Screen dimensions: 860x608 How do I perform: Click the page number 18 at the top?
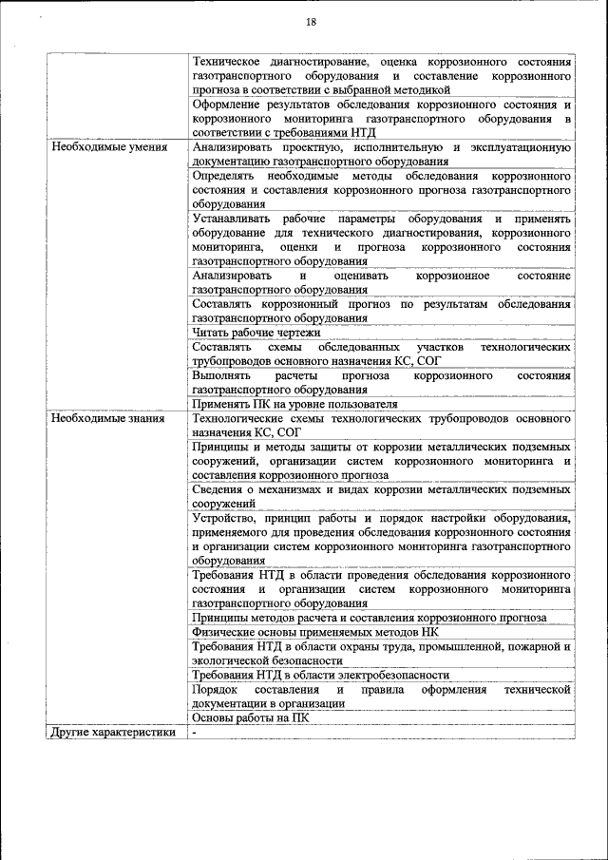311,22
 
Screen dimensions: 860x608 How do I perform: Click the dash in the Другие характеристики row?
194,733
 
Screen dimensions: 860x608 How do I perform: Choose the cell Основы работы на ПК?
250,718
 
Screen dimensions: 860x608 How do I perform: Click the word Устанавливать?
235,219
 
